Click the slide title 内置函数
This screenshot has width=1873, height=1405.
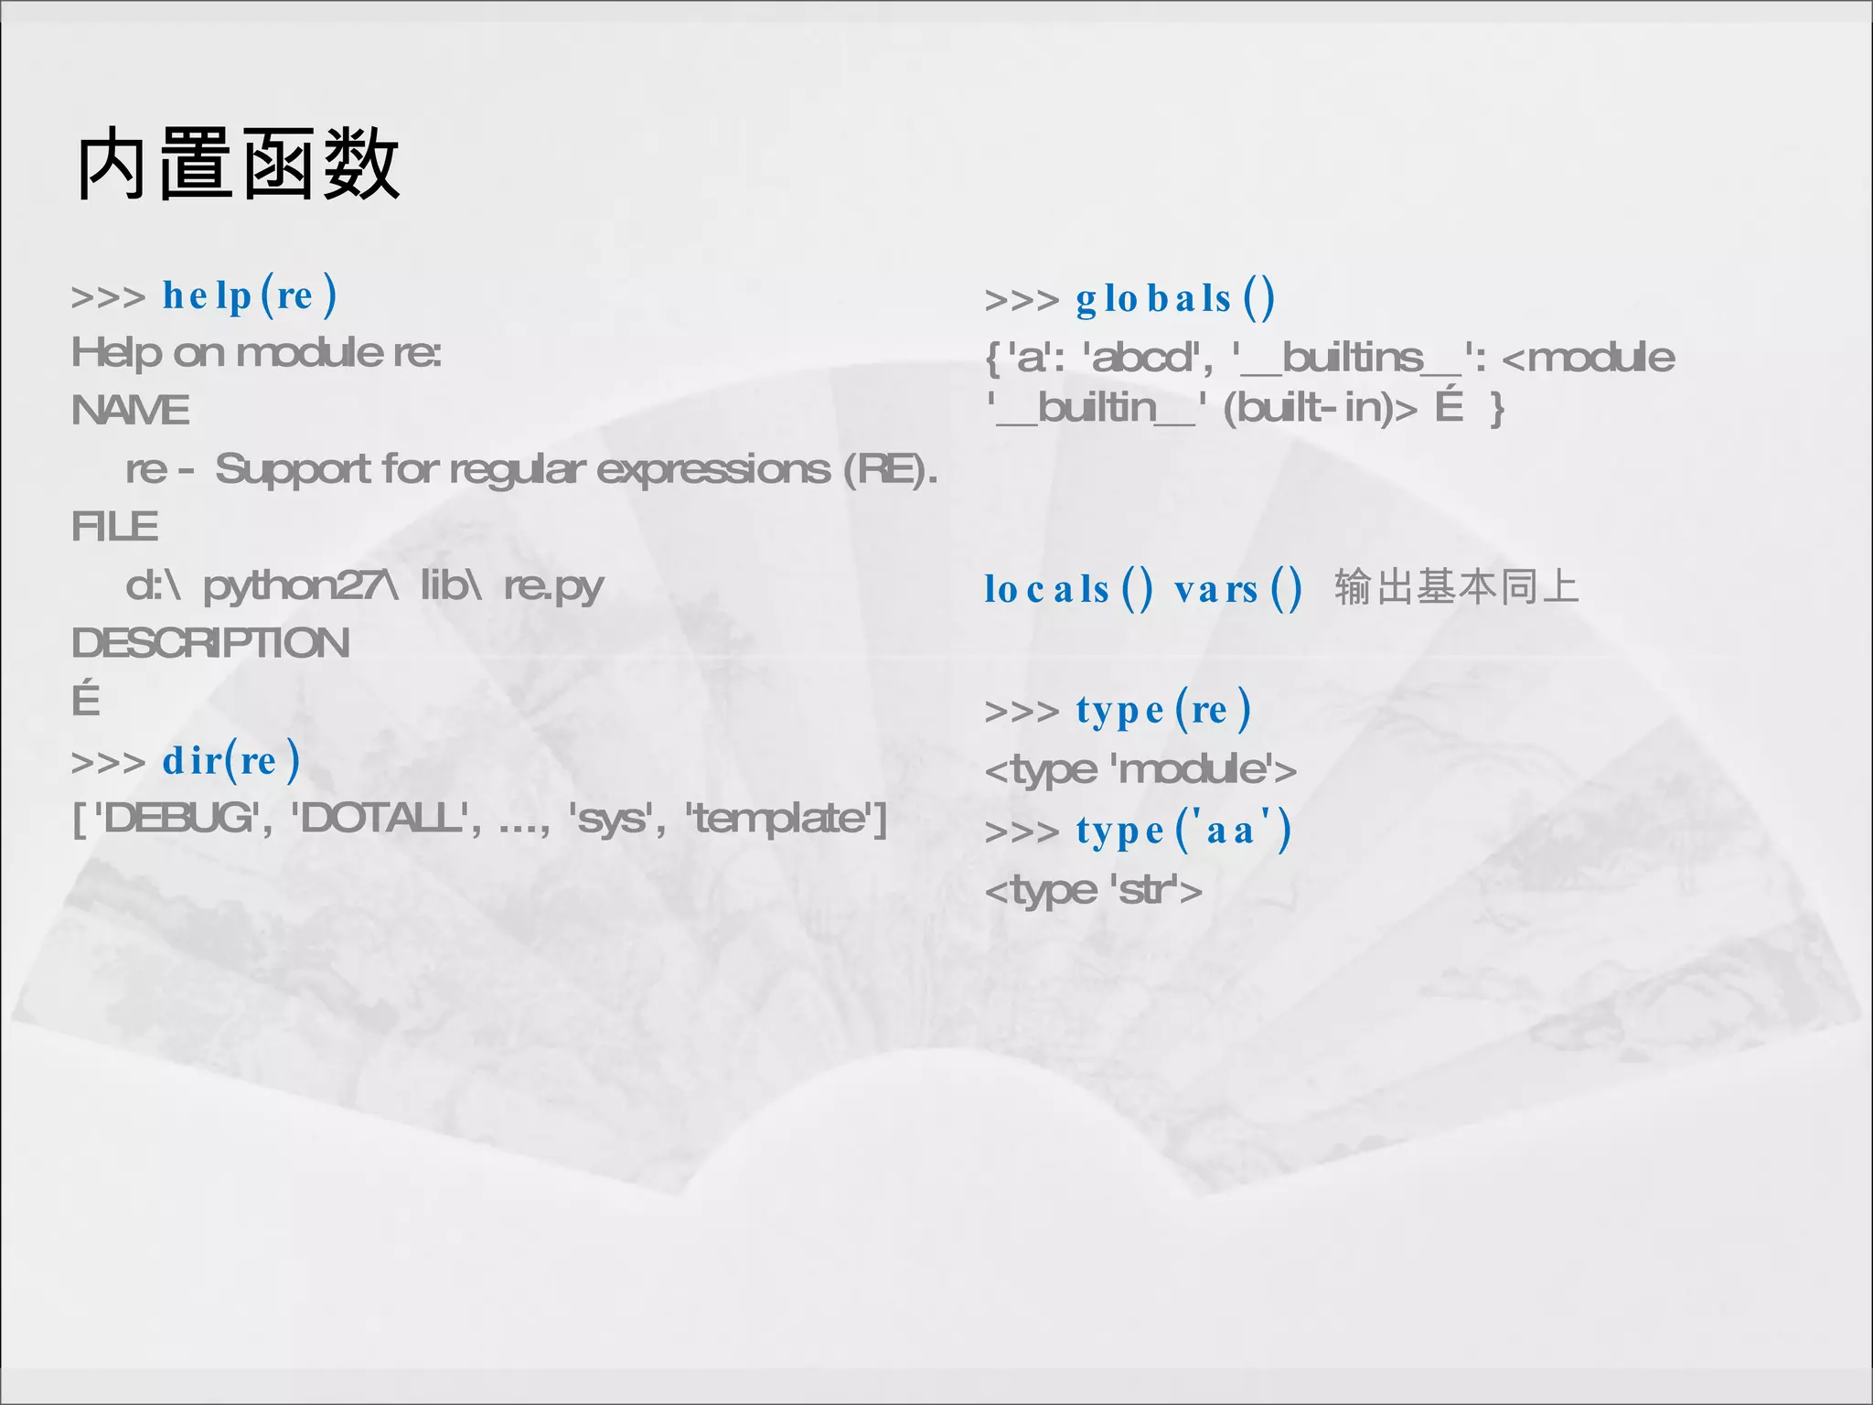pyautogui.click(x=239, y=165)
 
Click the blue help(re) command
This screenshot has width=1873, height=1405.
pyautogui.click(x=250, y=295)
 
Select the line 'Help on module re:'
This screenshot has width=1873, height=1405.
pyautogui.click(x=256, y=353)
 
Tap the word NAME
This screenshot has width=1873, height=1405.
pyautogui.click(x=131, y=411)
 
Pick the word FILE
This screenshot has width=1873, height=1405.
pyautogui.click(x=115, y=527)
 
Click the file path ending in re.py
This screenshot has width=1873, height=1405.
pyautogui.click(x=364, y=585)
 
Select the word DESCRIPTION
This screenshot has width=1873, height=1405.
pyautogui.click(x=210, y=643)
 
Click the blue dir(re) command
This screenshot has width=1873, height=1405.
pyautogui.click(x=230, y=760)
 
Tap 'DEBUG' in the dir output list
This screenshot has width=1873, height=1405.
pyautogui.click(x=179, y=818)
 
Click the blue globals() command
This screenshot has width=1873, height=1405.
pyautogui.click(x=1174, y=299)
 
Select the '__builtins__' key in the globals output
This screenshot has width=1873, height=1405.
pyautogui.click(x=1352, y=358)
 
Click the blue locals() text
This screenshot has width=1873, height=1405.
pyautogui.click(x=1067, y=589)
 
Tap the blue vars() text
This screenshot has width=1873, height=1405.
pyautogui.click(x=1237, y=589)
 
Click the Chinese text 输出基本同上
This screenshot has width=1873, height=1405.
pyautogui.click(x=1456, y=587)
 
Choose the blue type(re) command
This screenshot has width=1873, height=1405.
pyautogui.click(x=1162, y=710)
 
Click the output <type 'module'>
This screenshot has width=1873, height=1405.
pyautogui.click(x=1140, y=770)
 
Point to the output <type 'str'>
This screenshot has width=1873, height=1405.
pyautogui.click(x=1093, y=890)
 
